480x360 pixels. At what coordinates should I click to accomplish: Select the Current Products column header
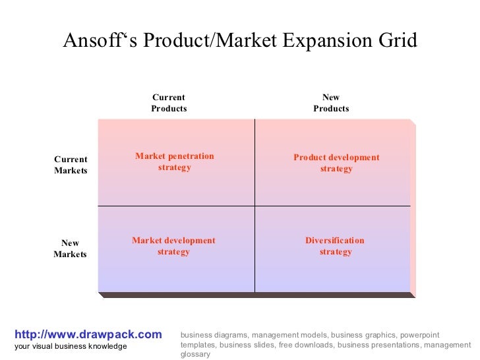coord(169,103)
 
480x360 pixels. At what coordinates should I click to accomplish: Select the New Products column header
coord(331,103)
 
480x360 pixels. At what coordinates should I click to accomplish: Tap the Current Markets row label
coord(71,165)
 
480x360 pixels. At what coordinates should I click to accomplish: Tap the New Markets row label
coord(70,249)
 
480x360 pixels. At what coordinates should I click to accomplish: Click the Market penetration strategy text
coord(175,162)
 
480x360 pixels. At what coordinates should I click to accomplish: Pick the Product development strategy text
coord(336,163)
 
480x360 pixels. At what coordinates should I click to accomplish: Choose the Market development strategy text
coord(173,246)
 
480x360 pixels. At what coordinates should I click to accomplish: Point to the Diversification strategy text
coord(335,246)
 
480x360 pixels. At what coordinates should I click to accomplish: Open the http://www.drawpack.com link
coord(88,335)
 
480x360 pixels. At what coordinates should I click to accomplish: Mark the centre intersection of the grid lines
coord(255,206)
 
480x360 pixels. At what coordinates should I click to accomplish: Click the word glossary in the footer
coord(195,354)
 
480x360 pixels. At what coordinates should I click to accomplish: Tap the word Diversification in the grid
coord(334,241)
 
